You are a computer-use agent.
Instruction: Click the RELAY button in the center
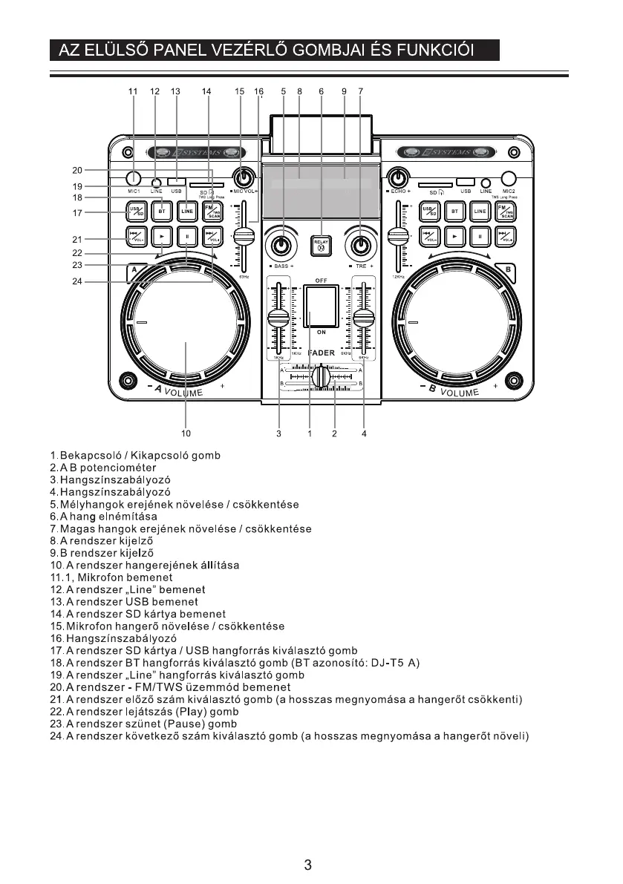click(x=321, y=245)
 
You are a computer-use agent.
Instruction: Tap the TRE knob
click(x=361, y=245)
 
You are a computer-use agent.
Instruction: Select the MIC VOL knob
click(x=242, y=178)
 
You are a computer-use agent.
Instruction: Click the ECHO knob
click(x=399, y=178)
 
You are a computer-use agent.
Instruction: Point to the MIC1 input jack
click(x=133, y=178)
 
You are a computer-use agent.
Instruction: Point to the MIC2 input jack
click(x=509, y=178)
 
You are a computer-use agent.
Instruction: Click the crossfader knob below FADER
click(x=321, y=377)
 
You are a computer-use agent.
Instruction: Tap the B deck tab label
click(x=508, y=269)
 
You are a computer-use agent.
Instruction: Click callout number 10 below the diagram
click(x=186, y=433)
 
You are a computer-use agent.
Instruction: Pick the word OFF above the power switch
click(x=321, y=281)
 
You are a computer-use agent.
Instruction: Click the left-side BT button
click(x=161, y=211)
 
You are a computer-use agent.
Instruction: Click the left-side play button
click(x=161, y=238)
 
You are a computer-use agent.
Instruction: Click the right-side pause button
click(x=480, y=238)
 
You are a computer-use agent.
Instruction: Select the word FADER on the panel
click(x=322, y=353)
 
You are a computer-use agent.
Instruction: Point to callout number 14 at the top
click(x=206, y=91)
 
